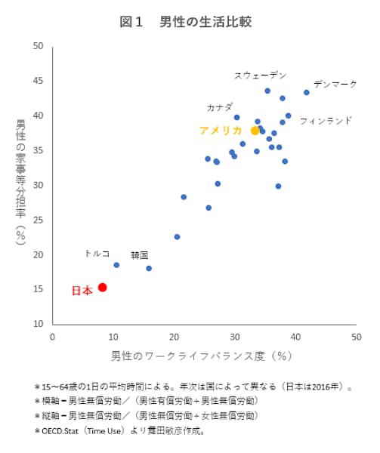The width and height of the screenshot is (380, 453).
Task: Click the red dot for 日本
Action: pyautogui.click(x=102, y=287)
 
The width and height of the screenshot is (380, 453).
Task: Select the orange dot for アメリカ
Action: pyautogui.click(x=255, y=131)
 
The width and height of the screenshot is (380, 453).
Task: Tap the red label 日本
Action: pyautogui.click(x=82, y=290)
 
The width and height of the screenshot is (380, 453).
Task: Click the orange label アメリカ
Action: pyautogui.click(x=221, y=131)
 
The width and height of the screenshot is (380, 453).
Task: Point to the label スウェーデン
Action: pyautogui.click(x=261, y=75)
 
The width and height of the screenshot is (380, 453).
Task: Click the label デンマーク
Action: pyautogui.click(x=335, y=84)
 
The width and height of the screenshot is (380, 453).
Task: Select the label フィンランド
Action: pyautogui.click(x=326, y=120)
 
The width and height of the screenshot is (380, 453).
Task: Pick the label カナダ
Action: pyautogui.click(x=220, y=107)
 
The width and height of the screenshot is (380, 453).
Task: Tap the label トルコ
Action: pyautogui.click(x=97, y=254)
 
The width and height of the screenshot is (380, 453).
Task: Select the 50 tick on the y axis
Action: pyautogui.click(x=38, y=46)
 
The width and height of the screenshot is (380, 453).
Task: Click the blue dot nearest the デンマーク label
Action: pyautogui.click(x=307, y=92)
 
